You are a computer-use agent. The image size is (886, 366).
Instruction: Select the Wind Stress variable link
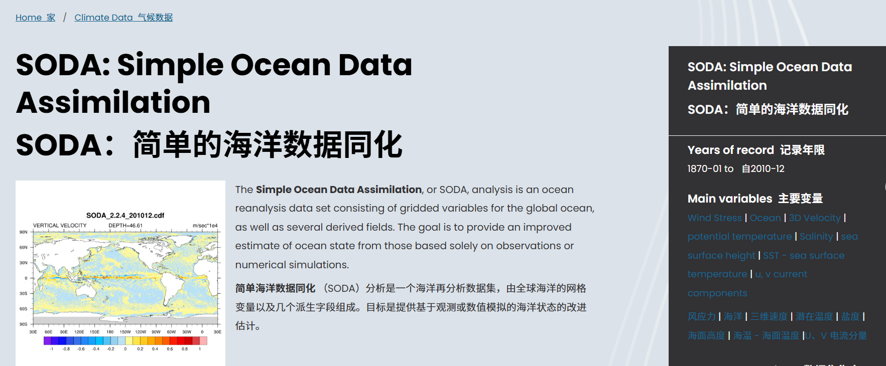coord(714,218)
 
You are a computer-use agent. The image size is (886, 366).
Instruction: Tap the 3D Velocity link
coord(814,218)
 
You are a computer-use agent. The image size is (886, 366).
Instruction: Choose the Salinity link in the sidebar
coord(816,236)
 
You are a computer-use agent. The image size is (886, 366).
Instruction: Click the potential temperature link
coord(739,236)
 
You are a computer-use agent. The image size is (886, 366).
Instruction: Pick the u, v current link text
coord(781,274)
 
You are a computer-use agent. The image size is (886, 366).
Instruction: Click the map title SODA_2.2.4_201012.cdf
coord(125,216)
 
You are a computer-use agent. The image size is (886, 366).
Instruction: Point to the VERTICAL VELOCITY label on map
coord(60,226)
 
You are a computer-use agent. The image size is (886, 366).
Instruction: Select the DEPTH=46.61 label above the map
coord(125,226)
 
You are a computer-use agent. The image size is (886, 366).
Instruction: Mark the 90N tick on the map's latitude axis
coord(23,232)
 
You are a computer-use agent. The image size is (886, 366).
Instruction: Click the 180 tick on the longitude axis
coord(110,332)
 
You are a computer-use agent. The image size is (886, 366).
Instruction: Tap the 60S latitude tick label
coord(23,309)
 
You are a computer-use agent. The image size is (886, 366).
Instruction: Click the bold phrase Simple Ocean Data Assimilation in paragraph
coord(338,190)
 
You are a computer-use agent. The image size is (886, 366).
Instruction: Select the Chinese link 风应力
coord(701,316)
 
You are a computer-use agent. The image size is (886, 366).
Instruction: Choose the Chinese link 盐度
coord(850,316)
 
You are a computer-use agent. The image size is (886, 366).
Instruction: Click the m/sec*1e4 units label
coord(205,226)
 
